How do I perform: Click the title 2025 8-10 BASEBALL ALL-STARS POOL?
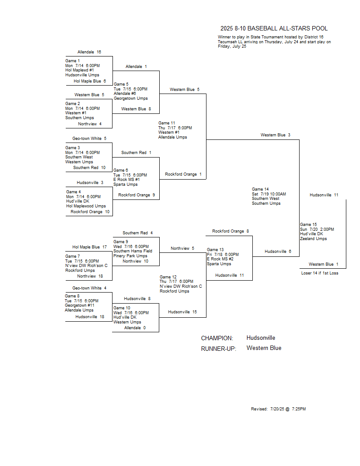274,29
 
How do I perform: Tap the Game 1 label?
72,61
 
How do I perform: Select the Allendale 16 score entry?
89,52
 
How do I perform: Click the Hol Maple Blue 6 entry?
90,81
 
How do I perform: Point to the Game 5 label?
121,84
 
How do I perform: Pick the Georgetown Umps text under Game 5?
131,98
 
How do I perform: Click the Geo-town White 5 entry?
89,139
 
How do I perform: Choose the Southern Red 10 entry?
90,168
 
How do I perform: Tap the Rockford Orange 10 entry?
90,212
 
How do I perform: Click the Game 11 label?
167,123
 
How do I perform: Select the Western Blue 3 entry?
275,135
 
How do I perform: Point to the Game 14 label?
260,189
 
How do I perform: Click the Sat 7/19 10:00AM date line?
269,194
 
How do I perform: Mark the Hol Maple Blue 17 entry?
90,247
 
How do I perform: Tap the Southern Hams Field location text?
133,251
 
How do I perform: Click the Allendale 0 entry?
135,328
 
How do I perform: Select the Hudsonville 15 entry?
182,312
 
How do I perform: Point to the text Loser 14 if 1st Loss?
319,273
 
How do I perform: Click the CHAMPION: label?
217,338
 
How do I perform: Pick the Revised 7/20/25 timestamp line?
278,409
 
